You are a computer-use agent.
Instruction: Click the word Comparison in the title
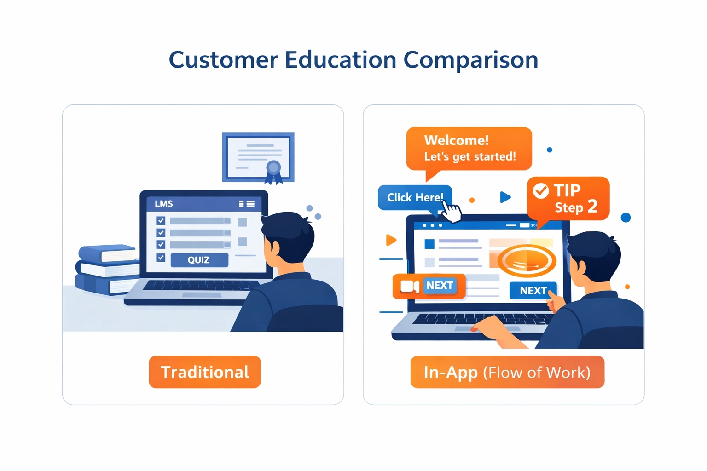pos(470,60)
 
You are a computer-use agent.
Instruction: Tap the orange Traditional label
pos(205,372)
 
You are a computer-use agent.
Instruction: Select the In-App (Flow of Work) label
pos(507,372)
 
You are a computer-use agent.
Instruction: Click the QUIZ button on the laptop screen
pos(199,260)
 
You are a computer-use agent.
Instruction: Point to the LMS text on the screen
pos(164,204)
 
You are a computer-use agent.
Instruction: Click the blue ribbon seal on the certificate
pos(273,169)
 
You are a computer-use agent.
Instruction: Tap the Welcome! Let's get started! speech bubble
pos(469,149)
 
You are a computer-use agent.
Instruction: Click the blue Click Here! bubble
pos(414,197)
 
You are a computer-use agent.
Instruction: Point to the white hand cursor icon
pos(451,213)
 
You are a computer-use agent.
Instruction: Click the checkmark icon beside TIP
pos(540,190)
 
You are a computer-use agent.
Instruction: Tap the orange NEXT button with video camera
pos(429,286)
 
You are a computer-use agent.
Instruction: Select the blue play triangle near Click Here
pos(505,197)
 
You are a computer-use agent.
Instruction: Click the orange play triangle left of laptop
pos(391,240)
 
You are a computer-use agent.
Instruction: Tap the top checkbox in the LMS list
pos(161,221)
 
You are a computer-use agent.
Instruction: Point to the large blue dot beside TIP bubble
pos(626,218)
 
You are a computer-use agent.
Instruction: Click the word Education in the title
pos(340,60)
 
